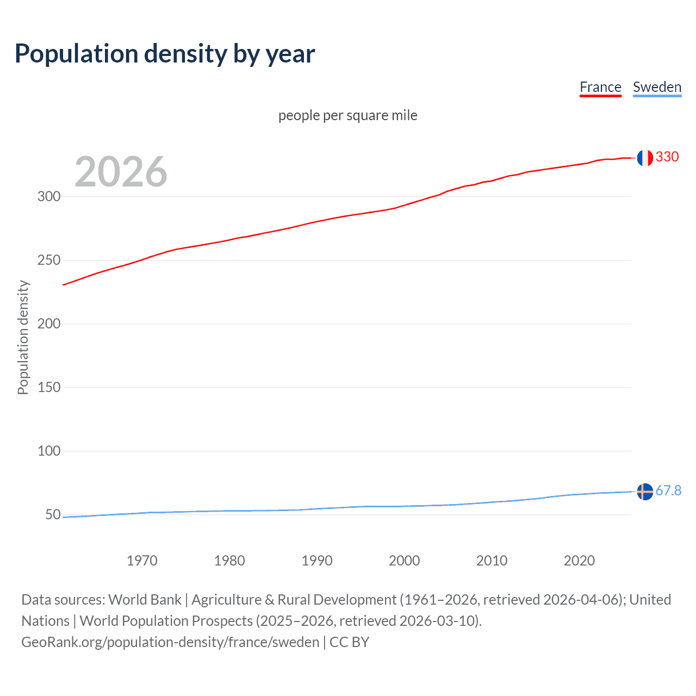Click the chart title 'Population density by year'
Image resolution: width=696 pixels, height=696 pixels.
click(x=165, y=54)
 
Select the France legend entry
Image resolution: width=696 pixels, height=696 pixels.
click(x=600, y=87)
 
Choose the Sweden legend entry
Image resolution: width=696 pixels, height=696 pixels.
click(x=657, y=87)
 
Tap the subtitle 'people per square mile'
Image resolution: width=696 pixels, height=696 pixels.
click(x=347, y=115)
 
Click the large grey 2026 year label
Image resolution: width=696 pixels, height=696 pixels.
click(x=121, y=172)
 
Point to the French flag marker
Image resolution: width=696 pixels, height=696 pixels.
click(x=645, y=158)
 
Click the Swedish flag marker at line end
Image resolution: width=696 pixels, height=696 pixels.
click(x=645, y=492)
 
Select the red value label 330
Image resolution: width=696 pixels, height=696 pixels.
click(x=667, y=157)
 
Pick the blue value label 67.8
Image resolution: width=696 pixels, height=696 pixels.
click(x=668, y=491)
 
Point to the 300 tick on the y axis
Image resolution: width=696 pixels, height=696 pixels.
click(x=49, y=196)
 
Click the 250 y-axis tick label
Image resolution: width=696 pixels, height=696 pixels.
click(x=49, y=260)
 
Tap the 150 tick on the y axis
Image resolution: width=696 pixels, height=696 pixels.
click(x=49, y=387)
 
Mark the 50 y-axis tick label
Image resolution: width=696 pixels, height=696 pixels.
click(x=53, y=514)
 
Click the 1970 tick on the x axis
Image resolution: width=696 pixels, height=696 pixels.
click(x=142, y=561)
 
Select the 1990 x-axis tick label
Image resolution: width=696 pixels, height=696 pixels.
click(x=317, y=561)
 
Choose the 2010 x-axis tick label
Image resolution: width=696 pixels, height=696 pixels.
click(x=492, y=561)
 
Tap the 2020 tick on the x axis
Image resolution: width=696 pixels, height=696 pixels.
click(x=579, y=561)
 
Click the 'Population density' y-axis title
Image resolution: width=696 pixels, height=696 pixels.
click(x=23, y=337)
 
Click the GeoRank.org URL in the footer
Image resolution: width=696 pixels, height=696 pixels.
click(x=170, y=642)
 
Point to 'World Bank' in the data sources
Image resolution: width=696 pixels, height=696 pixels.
click(x=145, y=600)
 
